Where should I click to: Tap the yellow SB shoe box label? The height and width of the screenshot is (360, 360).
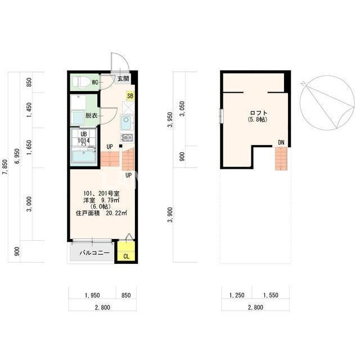pos(130,96)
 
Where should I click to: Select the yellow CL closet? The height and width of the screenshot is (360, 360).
pos(126,251)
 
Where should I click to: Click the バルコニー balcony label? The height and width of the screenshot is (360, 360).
pos(94,253)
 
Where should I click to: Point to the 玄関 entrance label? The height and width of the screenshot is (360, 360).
pos(123,79)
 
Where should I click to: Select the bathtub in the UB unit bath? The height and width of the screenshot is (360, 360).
pos(83,156)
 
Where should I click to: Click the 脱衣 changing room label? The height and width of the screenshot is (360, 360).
pos(91,115)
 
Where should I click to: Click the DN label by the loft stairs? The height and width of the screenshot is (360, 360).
pos(281,142)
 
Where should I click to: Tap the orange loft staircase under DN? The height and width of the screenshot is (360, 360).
pos(281,159)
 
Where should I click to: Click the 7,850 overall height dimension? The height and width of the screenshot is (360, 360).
pos(5,167)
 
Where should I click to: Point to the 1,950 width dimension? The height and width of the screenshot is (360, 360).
pos(92,295)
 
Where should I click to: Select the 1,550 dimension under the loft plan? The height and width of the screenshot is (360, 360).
pos(271,295)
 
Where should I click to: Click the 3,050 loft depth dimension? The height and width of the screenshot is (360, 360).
pos(182,109)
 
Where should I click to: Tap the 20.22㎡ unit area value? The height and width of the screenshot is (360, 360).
pos(116,213)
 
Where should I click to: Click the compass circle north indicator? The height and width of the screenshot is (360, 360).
pos(327,103)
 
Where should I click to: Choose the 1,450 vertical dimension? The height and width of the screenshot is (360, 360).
pos(29,110)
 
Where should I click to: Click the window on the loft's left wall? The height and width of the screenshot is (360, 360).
pos(221,116)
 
